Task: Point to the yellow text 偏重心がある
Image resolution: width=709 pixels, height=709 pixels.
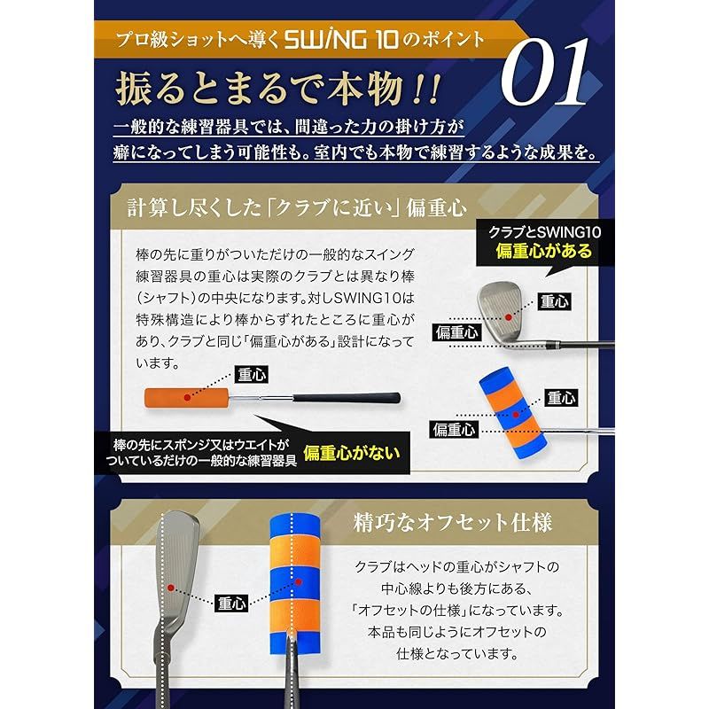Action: [x=540, y=251]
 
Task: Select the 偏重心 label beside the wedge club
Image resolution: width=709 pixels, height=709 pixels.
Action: [x=456, y=333]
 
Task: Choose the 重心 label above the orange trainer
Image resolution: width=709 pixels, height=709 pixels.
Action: [x=251, y=374]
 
